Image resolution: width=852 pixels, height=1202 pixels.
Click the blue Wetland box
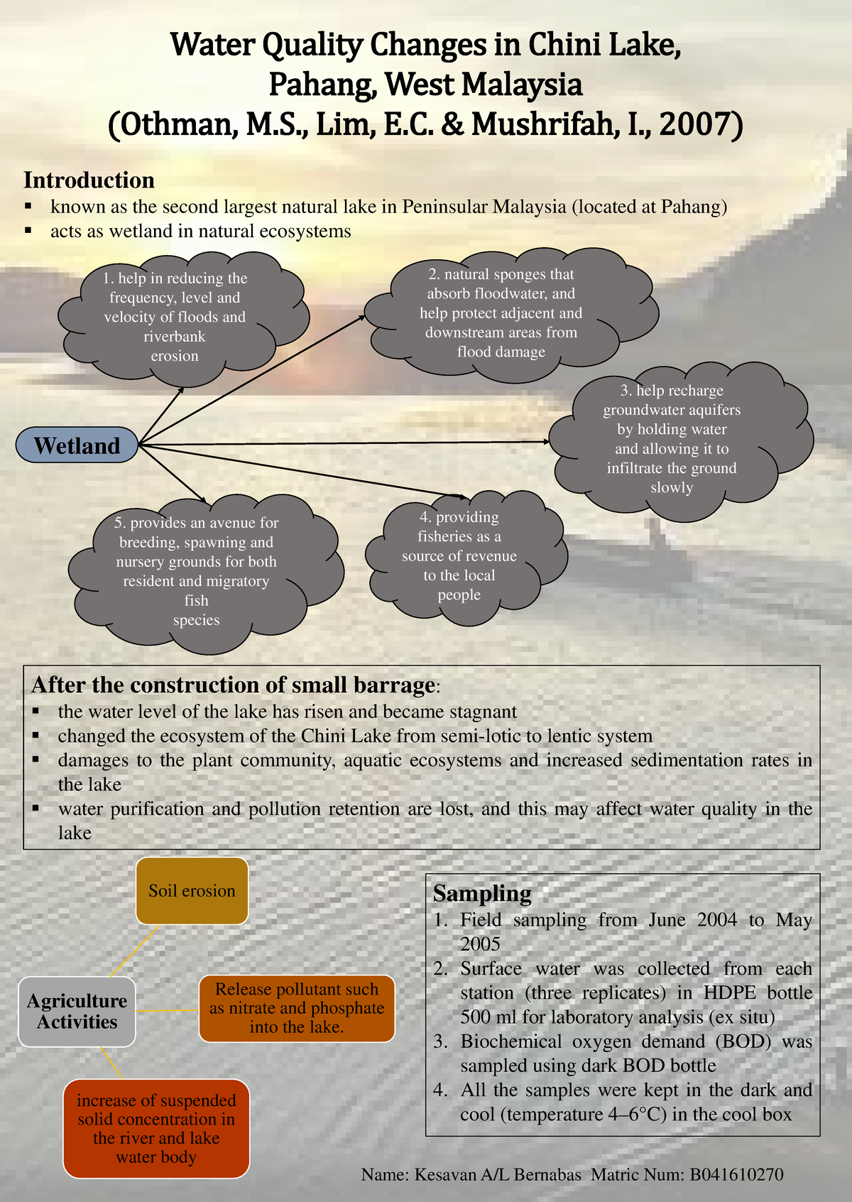pos(77,445)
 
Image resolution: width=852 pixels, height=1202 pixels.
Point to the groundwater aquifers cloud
pos(672,438)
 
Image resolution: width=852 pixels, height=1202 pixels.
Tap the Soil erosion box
pos(192,891)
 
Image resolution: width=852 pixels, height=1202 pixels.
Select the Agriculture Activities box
pos(77,1011)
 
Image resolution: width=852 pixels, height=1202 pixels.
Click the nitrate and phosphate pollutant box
pos(297,1008)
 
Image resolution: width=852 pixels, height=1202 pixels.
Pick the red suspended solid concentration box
pos(156,1129)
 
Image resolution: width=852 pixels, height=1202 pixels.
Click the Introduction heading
pos(89,180)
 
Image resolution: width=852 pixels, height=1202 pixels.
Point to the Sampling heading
pos(482,893)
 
